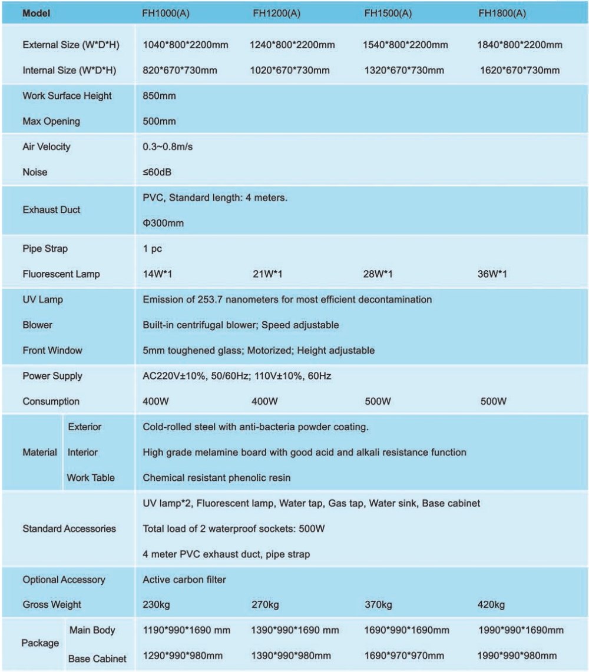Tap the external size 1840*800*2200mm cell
pos(519,45)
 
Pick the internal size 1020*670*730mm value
pos(290,71)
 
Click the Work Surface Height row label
pos(67,96)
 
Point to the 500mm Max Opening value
pos(159,121)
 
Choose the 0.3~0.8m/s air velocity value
pos(167,147)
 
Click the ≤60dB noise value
pos(157,172)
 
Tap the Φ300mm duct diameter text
pos(163,223)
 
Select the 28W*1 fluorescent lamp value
pos(379,274)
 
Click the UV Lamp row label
pos(42,300)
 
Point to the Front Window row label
pos(52,350)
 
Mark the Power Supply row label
pos(52,375)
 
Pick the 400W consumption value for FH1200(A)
pos(264,401)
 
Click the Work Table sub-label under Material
pos(91,478)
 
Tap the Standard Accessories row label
pos(69,528)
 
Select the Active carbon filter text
pos(184,580)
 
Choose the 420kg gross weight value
pos(491,605)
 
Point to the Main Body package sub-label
pos(92,630)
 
